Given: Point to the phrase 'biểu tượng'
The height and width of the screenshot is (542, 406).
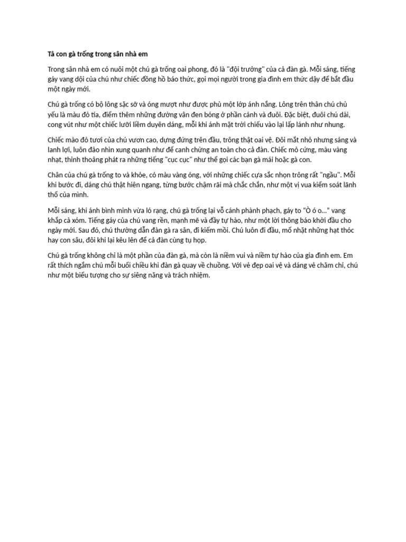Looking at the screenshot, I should (x=106, y=276).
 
